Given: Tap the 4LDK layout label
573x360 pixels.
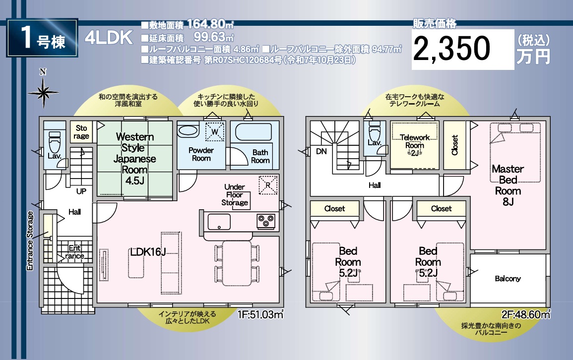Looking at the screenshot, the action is (x=109, y=38).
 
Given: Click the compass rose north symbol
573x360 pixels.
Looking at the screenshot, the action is (x=43, y=90).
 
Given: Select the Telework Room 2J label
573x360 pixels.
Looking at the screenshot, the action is (x=415, y=145).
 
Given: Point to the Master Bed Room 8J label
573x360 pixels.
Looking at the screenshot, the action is (x=508, y=185).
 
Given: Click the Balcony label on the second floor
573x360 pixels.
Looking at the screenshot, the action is (x=508, y=279).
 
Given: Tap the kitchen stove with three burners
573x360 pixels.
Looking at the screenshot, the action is (x=266, y=221).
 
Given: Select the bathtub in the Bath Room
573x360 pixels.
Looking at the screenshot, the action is (x=253, y=132).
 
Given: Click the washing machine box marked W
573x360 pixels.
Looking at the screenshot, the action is (x=214, y=132).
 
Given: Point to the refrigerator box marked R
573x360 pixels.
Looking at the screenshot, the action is (x=268, y=185).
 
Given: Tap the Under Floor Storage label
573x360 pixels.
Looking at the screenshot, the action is (x=235, y=194).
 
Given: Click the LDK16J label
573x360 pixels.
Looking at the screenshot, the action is (x=148, y=251).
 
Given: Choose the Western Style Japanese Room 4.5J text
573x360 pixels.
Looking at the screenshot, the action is (x=135, y=158).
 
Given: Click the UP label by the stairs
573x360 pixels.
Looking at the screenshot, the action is (x=81, y=191).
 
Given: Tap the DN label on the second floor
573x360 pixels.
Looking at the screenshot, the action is (x=321, y=151).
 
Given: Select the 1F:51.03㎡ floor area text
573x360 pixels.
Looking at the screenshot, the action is (x=260, y=314).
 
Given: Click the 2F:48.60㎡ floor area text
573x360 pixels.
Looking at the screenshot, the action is (x=526, y=314).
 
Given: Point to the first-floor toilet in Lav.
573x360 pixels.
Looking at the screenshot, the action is (x=55, y=142).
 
